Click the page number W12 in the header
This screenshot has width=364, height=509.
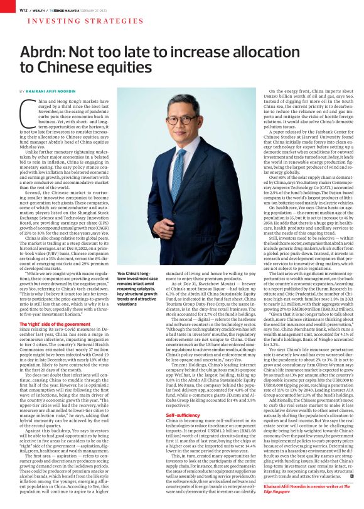[23, 10]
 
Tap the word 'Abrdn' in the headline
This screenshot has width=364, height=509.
[48, 53]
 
